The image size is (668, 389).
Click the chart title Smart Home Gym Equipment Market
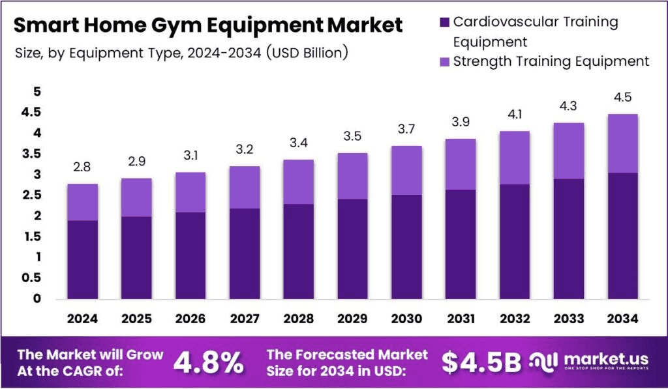pyautogui.click(x=208, y=25)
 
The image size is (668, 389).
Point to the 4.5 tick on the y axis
pyautogui.click(x=31, y=113)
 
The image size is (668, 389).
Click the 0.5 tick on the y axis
pyautogui.click(x=31, y=278)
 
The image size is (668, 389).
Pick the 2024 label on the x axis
pyautogui.click(x=82, y=319)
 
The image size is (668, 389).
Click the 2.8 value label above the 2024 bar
pyautogui.click(x=82, y=167)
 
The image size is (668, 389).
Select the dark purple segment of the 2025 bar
pyautogui.click(x=136, y=257)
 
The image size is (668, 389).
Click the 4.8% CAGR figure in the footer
pyautogui.click(x=208, y=362)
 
